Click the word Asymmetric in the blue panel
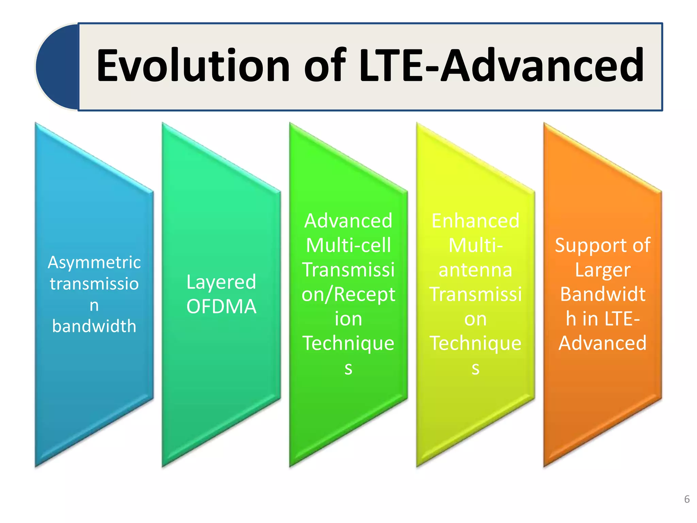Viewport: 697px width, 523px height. (x=94, y=263)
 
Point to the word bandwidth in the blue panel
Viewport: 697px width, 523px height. (x=94, y=326)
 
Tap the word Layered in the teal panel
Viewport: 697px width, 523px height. (x=221, y=282)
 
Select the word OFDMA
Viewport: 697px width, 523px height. (x=221, y=306)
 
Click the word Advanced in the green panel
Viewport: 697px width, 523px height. (x=348, y=221)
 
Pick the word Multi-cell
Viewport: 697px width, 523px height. (x=348, y=245)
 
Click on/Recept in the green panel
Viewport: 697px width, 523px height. (x=348, y=294)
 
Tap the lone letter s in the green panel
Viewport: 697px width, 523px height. (x=348, y=368)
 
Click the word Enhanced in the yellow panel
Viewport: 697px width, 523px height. (x=475, y=221)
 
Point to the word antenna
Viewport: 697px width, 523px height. (x=475, y=270)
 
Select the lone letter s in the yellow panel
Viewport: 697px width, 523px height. (x=475, y=368)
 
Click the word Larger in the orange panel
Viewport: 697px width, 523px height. (x=602, y=270)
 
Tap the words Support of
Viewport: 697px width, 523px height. (x=602, y=245)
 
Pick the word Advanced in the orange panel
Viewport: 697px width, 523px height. (x=602, y=343)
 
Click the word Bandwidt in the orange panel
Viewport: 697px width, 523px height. (x=602, y=294)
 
